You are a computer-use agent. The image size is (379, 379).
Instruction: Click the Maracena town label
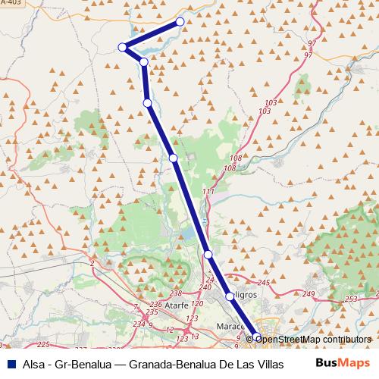click(233, 326)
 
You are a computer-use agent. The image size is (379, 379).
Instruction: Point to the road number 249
click(309, 293)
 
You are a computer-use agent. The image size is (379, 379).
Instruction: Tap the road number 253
click(349, 300)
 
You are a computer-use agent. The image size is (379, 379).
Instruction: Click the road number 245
click(264, 283)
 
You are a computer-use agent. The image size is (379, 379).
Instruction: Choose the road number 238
click(176, 293)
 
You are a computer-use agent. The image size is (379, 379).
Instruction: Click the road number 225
click(42, 345)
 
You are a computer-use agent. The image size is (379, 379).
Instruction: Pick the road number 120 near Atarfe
click(197, 303)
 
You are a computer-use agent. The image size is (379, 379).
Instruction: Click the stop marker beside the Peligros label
click(230, 296)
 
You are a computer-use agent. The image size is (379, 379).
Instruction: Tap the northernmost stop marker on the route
click(180, 21)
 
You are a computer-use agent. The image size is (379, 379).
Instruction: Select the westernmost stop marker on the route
click(122, 48)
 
